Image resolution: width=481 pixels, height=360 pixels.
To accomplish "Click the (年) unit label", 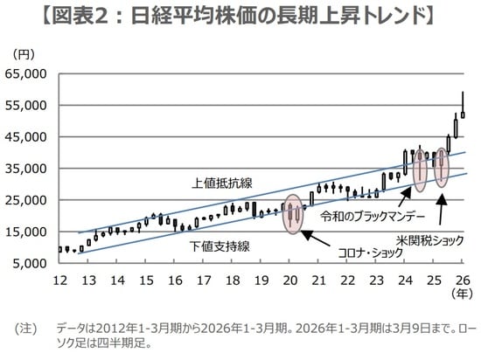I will click(x=463, y=295).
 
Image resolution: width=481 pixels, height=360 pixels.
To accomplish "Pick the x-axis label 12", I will click(x=60, y=280).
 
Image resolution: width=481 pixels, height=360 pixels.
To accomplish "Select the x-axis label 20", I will click(x=290, y=280).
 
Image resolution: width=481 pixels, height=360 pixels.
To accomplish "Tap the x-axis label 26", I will click(x=463, y=280).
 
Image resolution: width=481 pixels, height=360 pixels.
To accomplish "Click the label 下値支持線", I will click(x=220, y=246).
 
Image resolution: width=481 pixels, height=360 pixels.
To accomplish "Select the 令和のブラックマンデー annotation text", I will click(x=373, y=215).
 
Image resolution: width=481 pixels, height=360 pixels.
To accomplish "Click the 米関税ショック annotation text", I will click(x=428, y=238).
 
